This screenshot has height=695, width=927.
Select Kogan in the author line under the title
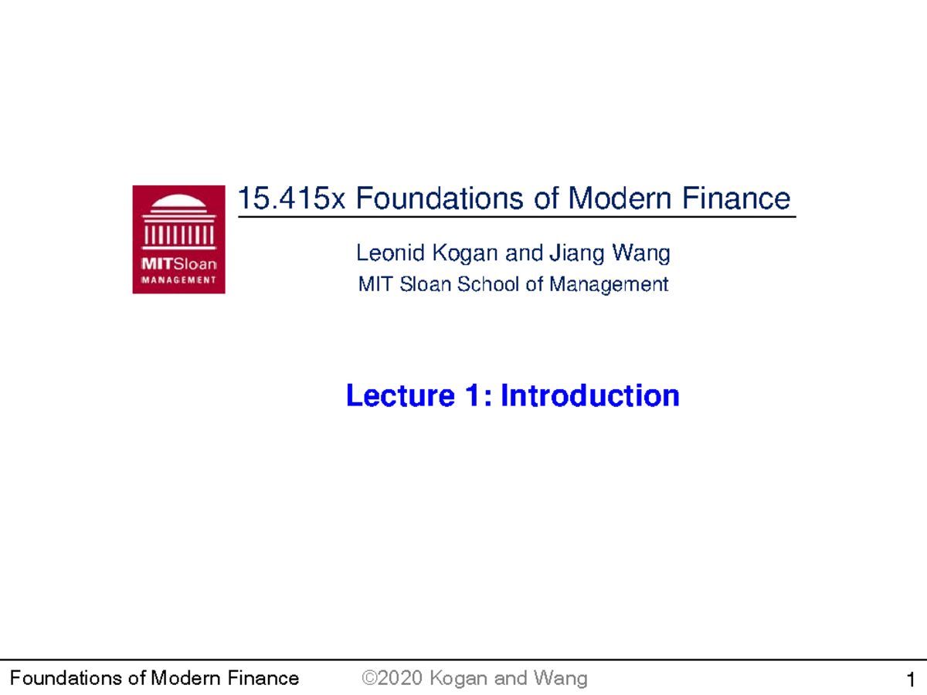point(461,253)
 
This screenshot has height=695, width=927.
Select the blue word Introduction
point(590,396)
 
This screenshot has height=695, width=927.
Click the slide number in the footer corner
point(912,680)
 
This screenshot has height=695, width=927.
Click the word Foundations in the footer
point(57,679)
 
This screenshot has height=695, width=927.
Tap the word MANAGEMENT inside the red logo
point(178,280)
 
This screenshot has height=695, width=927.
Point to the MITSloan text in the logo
point(178,264)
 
